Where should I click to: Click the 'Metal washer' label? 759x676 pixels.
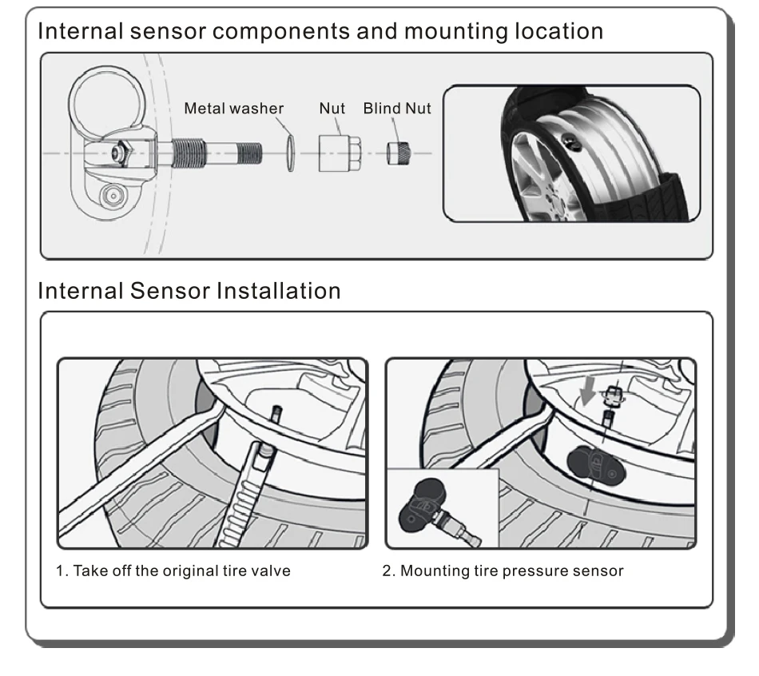[x=234, y=108]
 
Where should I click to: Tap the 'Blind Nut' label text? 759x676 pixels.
[x=397, y=108]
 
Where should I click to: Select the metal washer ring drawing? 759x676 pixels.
[x=291, y=153]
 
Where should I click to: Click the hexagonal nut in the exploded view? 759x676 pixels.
[x=340, y=153]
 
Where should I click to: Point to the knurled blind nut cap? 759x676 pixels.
[x=399, y=153]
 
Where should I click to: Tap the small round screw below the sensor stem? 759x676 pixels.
[x=113, y=196]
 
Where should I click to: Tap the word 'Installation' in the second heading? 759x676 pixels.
[x=278, y=291]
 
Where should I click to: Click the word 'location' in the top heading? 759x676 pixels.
[x=558, y=31]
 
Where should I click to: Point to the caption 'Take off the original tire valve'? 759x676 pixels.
[x=181, y=571]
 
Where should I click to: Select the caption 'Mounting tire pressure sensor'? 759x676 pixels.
[x=511, y=571]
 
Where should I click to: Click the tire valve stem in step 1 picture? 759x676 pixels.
[x=277, y=416]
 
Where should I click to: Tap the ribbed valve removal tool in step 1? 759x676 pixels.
[x=244, y=495]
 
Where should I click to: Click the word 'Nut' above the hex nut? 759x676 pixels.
[x=332, y=108]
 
